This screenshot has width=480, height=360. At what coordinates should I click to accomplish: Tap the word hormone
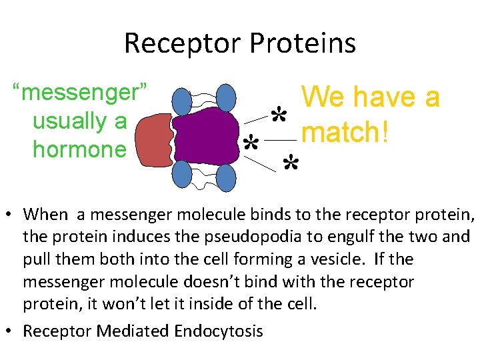pyautogui.click(x=79, y=149)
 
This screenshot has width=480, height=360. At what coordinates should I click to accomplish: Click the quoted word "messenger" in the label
pyautogui.click(x=85, y=93)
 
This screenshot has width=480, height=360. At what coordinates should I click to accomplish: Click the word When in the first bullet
pyautogui.click(x=45, y=214)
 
